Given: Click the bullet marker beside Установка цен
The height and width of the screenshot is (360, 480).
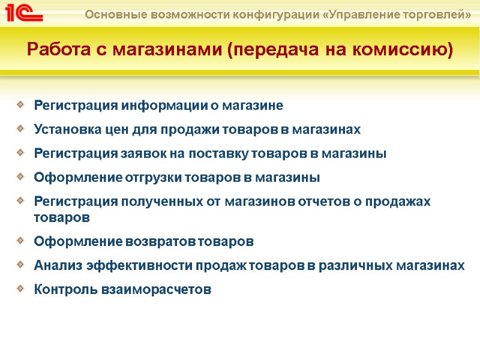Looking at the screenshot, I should click(x=22, y=128).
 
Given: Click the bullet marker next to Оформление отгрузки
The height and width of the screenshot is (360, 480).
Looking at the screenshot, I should click(x=22, y=176).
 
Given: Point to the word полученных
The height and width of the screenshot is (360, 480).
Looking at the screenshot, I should click(x=158, y=202).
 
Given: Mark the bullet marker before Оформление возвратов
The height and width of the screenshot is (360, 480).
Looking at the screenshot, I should click(x=22, y=241).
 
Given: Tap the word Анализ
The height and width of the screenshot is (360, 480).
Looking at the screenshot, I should click(x=58, y=266).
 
